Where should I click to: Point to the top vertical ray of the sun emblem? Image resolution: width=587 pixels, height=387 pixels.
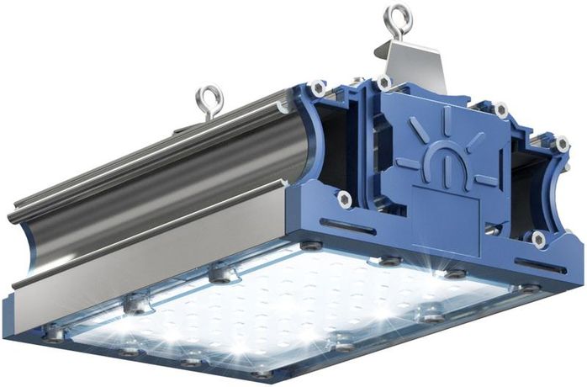point(446,120)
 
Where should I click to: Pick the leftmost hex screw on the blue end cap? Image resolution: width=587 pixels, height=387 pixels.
point(316,87)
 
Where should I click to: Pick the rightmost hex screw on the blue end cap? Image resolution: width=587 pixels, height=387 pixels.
point(562,144)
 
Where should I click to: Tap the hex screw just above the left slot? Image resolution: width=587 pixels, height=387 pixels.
point(345,199)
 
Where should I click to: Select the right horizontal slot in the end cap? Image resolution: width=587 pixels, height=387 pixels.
point(539,266)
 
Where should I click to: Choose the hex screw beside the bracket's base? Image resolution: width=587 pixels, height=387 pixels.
point(384,83)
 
